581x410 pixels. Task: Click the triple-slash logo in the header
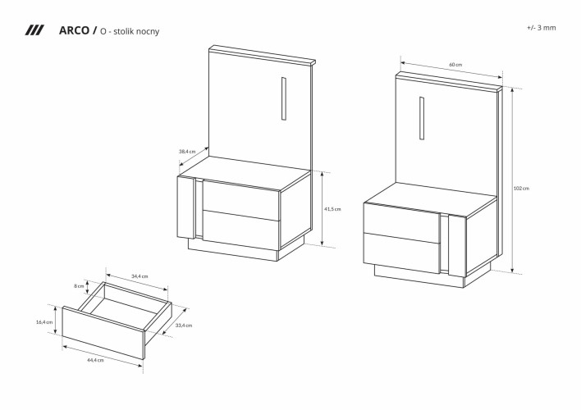34,30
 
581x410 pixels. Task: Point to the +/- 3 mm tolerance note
542,27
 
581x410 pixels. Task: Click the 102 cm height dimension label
521,188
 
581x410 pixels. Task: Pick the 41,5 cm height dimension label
332,209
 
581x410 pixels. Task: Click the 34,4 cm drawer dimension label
140,276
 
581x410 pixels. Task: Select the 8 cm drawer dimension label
80,286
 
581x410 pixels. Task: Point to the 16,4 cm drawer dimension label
44,322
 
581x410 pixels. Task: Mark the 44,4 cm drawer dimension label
94,360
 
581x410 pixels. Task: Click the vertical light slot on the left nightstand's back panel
282,99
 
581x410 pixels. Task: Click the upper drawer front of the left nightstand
241,202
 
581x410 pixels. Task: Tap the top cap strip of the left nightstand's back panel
263,54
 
